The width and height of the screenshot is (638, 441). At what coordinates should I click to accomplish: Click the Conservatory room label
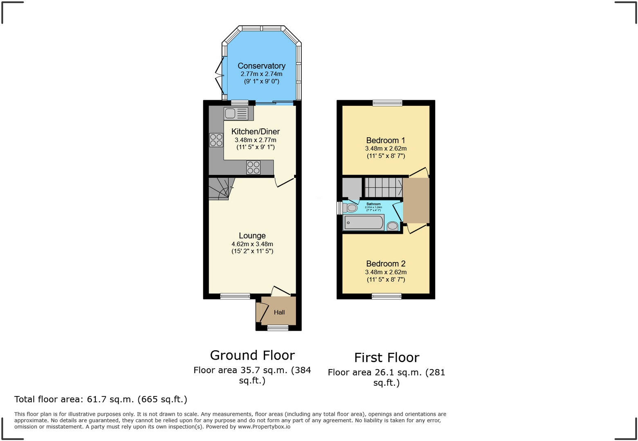[x=261, y=66]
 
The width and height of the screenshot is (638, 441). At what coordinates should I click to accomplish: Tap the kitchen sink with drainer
[x=236, y=113]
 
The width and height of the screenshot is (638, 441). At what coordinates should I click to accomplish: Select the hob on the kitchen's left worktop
[x=216, y=140]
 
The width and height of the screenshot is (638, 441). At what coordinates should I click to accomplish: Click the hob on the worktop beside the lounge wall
[x=253, y=168]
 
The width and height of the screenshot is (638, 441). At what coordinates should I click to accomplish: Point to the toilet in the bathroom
[x=350, y=208]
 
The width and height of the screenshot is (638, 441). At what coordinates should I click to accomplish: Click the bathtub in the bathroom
[x=364, y=223]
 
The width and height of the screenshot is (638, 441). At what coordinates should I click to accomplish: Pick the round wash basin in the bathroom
[x=393, y=226]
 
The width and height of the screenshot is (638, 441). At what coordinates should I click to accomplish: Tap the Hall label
[x=279, y=312]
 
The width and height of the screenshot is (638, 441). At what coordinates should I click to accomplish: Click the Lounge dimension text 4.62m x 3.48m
[x=252, y=244]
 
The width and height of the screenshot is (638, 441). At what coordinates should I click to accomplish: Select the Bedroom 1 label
[x=386, y=140]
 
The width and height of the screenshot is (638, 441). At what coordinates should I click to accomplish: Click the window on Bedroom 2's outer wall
[x=386, y=296]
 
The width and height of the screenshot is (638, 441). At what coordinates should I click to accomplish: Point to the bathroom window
[x=339, y=208]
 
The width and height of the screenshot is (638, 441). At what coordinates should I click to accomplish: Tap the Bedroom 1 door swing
[x=420, y=172]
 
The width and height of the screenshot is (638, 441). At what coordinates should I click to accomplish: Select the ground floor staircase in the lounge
[x=220, y=188]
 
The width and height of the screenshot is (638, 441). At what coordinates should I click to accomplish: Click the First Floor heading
[x=386, y=358]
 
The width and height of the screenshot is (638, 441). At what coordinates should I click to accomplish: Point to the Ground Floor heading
[x=252, y=355]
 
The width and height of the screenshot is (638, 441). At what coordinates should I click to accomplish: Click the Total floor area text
[x=101, y=399]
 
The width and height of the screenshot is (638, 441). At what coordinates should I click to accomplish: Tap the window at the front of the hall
[x=278, y=327]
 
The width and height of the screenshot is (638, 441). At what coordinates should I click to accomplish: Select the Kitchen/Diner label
[x=256, y=132]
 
